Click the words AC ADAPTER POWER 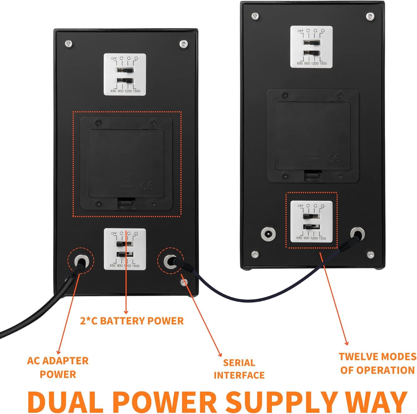click(58, 367)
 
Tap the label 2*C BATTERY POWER click(132, 321)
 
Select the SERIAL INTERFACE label click(239, 369)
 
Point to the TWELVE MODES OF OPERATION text click(378, 363)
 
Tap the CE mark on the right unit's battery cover click(334, 158)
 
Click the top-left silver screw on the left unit click(68, 44)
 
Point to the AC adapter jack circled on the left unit click(81, 260)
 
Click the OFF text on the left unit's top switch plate click(114, 59)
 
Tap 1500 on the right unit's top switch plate click(323, 64)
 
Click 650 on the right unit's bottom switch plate click(299, 238)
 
